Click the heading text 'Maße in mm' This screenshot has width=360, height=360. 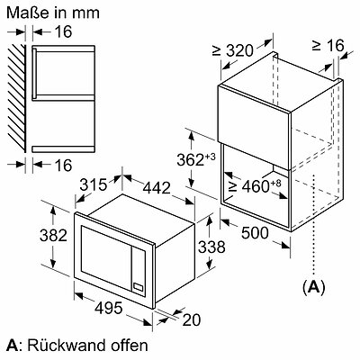pos(53,13)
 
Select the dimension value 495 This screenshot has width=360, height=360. pos(109,308)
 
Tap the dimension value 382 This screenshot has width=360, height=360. pos(53,235)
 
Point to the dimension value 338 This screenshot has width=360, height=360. pos(211,247)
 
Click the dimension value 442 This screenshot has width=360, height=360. pos(157,188)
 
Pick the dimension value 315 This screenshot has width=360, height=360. pos(94,184)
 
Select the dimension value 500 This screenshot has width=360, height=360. pos(255,233)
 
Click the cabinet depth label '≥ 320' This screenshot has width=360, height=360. pos(233,50)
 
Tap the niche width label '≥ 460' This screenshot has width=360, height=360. pos(255,186)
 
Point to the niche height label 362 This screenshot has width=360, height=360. pos(196,159)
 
